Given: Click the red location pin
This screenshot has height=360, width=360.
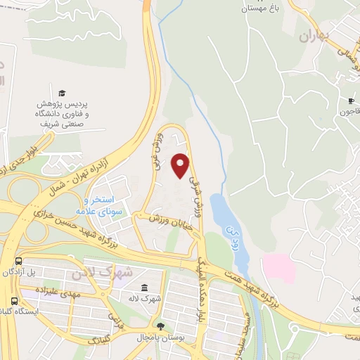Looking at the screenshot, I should coord(181,165).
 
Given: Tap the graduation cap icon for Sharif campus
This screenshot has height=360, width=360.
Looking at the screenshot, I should coord(62,94).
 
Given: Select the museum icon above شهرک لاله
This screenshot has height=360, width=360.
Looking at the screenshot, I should coord(144,288).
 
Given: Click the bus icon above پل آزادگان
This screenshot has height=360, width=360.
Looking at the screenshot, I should coord(18,261).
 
